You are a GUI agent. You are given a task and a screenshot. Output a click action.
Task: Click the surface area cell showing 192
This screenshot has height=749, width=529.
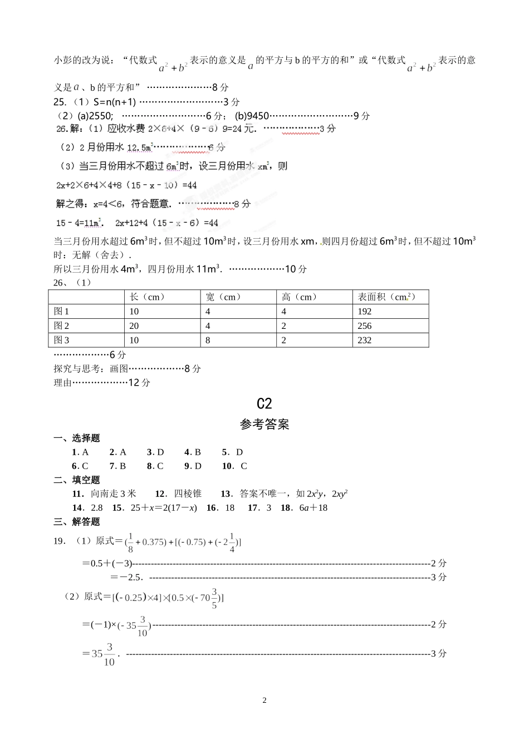click(x=364, y=312)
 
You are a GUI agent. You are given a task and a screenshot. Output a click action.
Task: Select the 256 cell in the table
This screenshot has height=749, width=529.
click(x=364, y=326)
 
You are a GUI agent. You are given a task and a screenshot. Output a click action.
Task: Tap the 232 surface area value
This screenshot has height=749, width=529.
click(x=364, y=341)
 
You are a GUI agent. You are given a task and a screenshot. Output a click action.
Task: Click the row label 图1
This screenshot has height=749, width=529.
click(x=61, y=312)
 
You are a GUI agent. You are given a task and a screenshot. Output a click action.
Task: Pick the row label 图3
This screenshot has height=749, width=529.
click(x=61, y=341)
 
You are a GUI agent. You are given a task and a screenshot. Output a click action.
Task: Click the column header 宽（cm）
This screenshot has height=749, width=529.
click(x=223, y=297)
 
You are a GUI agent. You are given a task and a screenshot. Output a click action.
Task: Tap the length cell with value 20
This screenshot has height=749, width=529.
click(x=134, y=326)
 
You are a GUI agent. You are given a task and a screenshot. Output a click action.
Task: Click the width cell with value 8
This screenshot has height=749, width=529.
click(x=208, y=341)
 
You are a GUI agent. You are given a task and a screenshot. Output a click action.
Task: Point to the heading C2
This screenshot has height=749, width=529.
click(x=264, y=403)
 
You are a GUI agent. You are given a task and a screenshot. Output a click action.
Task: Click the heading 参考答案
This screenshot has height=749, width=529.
click(x=264, y=425)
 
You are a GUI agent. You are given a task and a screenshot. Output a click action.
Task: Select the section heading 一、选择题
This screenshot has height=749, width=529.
click(x=77, y=438)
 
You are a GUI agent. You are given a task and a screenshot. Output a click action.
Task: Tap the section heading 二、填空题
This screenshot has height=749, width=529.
click(x=77, y=480)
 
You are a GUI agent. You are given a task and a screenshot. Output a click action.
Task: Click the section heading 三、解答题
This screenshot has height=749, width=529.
click(x=77, y=522)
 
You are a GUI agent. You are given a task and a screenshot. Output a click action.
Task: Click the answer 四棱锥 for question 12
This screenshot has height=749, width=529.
click(x=188, y=494)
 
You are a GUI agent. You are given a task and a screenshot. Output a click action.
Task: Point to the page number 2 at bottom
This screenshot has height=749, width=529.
click(x=264, y=701)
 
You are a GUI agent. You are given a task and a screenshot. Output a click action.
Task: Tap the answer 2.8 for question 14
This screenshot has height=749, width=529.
click(x=97, y=508)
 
